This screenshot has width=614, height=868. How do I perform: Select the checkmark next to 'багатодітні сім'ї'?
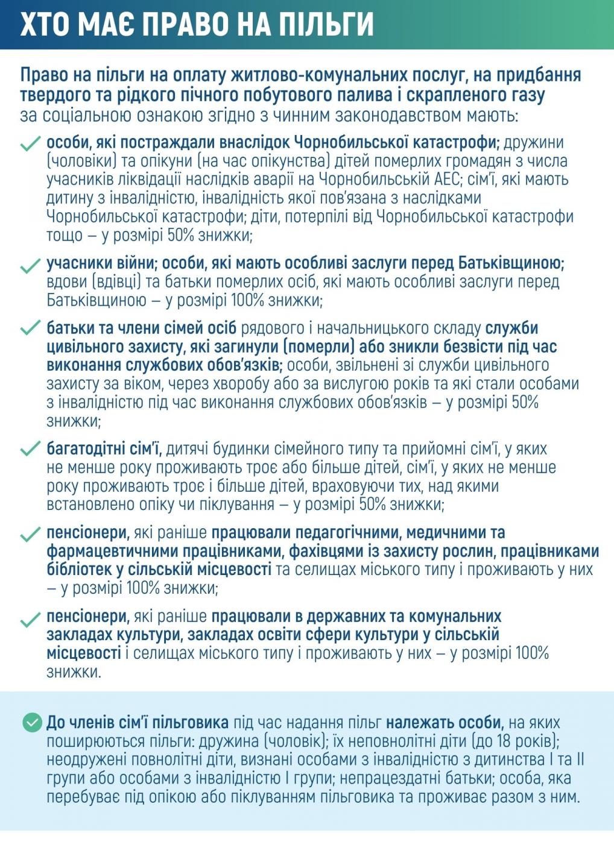30,450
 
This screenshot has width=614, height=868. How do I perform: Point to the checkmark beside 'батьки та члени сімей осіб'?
30,329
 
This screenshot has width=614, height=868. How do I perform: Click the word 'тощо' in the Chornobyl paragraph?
64,236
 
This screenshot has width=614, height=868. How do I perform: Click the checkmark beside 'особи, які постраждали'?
30,145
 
